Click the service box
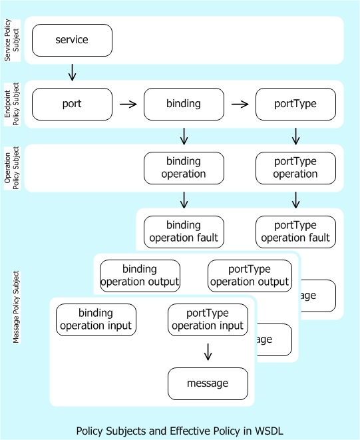point(72,40)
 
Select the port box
point(72,104)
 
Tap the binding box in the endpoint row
point(184,104)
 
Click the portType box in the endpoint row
point(295,104)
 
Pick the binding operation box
point(184,168)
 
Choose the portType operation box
point(295,168)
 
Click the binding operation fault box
point(184,232)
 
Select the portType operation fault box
point(295,232)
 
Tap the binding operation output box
point(140,276)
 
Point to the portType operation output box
point(250,276)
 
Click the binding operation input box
point(96,320)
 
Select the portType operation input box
point(208,320)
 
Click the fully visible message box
point(208,383)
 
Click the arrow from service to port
point(72,72)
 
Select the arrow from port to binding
point(128,104)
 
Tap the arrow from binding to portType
point(240,104)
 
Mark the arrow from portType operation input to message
point(208,351)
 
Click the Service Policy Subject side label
point(11,41)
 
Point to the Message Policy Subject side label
point(16,307)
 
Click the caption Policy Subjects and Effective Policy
point(180,431)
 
